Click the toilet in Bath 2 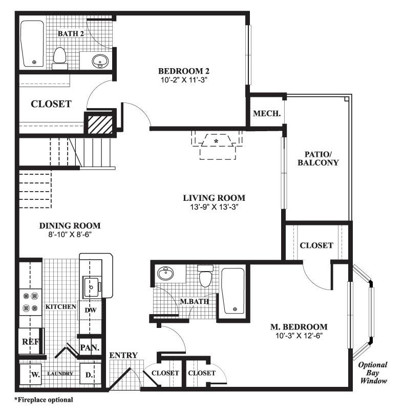60,56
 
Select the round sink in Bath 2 100,61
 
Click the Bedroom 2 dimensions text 184,80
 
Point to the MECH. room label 267,114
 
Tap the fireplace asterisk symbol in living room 217,140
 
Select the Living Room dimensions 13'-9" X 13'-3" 214,207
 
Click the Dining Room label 70,225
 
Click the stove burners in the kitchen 30,302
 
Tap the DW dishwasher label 90,310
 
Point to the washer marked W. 35,375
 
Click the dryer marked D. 89,375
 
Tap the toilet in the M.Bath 206,277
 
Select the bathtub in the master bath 233,291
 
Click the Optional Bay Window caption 372,373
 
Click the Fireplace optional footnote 44,399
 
